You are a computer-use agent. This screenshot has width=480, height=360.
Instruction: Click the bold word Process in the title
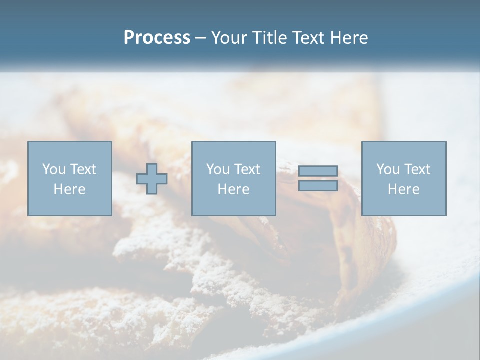click(157, 38)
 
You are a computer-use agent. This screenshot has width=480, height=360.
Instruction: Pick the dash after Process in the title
click(201, 38)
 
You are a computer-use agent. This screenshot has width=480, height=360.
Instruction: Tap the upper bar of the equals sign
click(318, 171)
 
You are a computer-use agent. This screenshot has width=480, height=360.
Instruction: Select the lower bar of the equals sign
click(318, 185)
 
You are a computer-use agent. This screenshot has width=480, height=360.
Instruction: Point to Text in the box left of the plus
click(82, 169)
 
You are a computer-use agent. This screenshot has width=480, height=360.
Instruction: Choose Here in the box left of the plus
click(69, 189)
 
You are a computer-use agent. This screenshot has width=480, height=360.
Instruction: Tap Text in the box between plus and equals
click(246, 169)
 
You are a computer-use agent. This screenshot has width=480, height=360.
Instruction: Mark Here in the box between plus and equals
click(233, 189)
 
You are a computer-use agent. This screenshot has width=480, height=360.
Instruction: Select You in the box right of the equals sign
click(388, 169)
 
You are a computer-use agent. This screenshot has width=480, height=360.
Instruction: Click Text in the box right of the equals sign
click(416, 169)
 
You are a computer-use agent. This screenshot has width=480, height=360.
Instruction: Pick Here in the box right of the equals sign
click(403, 189)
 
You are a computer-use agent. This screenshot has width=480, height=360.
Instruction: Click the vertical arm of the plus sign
click(152, 170)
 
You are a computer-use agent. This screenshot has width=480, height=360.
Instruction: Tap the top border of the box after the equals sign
click(403, 142)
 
